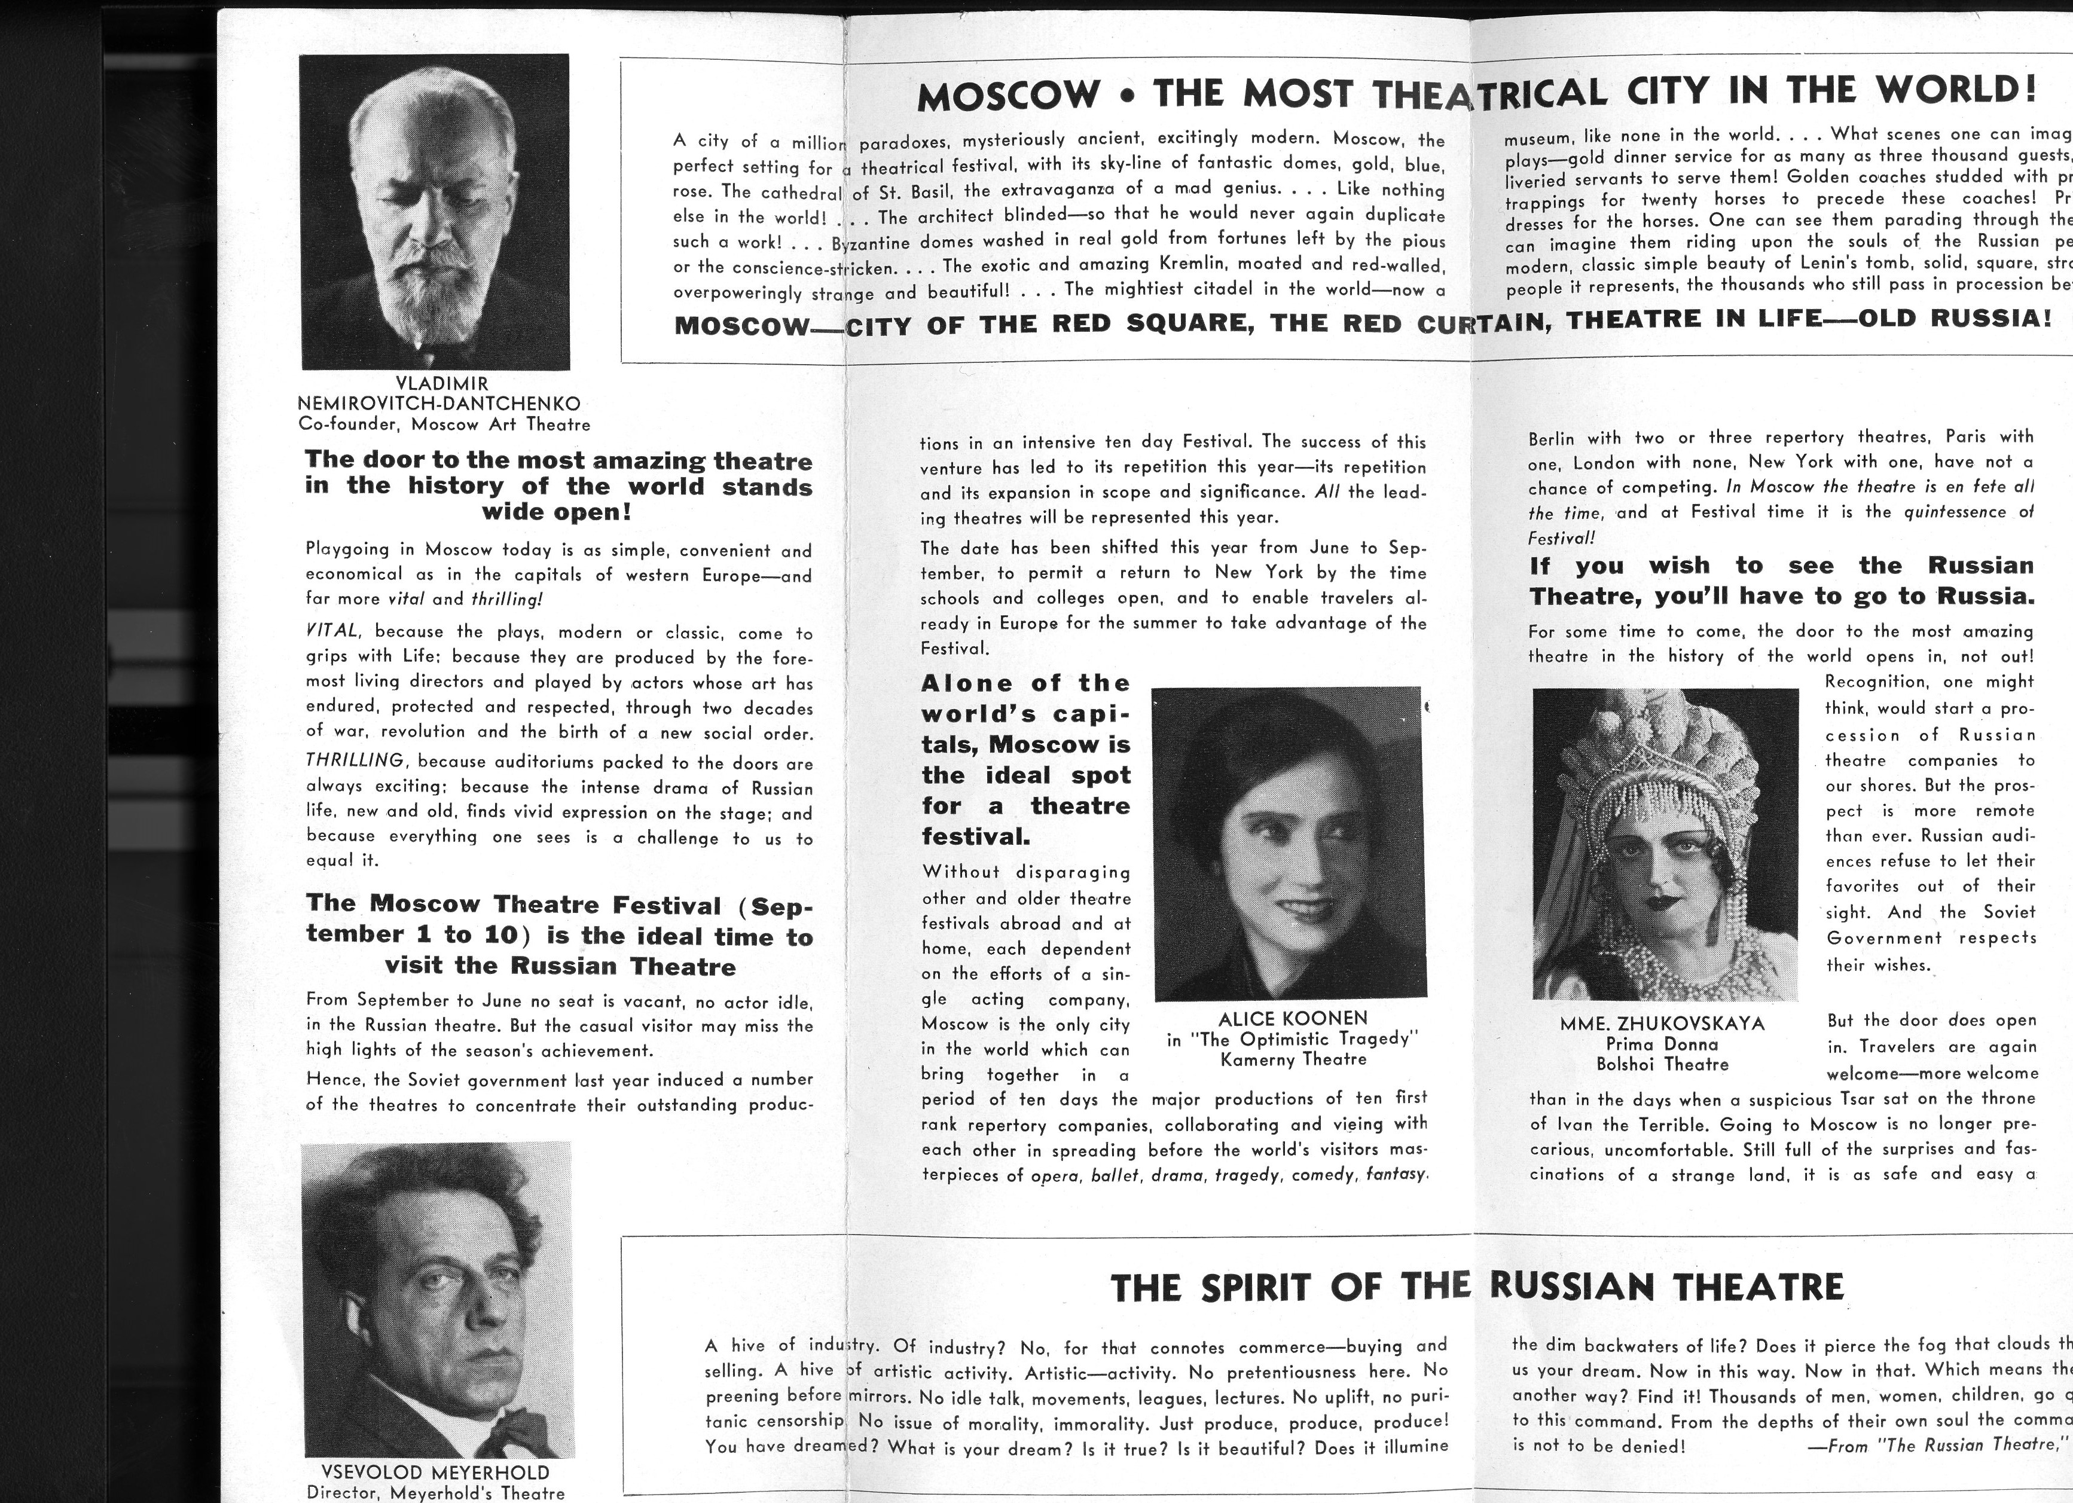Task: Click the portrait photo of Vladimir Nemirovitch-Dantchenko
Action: [434, 212]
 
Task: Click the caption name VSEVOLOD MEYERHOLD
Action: [435, 1472]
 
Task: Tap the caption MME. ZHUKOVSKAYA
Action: [1662, 1024]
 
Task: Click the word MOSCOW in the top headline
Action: [1008, 96]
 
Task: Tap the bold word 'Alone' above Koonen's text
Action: [968, 683]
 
